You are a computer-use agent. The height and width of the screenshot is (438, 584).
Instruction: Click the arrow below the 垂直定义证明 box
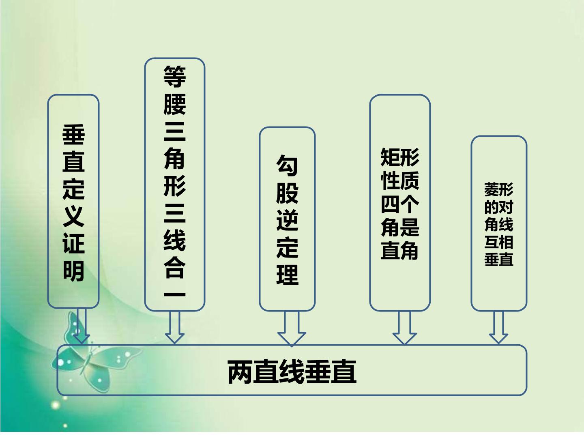[x=82, y=326]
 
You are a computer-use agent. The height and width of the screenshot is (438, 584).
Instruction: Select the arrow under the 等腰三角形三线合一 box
[x=174, y=327]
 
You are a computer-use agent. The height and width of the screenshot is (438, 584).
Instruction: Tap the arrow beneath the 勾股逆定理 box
[x=291, y=328]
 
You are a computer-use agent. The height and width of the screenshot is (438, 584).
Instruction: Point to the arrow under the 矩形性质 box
[x=404, y=328]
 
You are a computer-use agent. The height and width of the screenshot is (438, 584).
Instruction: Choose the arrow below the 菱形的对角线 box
[x=498, y=327]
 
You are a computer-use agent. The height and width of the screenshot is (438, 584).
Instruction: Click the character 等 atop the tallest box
[x=175, y=76]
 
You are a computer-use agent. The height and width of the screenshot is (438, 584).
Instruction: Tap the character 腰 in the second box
[x=175, y=104]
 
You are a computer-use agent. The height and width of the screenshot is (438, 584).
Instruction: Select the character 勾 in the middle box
[x=288, y=165]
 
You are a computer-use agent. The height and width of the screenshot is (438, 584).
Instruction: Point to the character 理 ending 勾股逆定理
[x=288, y=275]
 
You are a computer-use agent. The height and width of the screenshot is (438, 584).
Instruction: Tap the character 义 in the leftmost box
[x=74, y=217]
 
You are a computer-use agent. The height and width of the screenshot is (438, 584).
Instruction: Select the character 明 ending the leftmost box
[x=74, y=271]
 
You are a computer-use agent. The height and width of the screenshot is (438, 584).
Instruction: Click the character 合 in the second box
[x=175, y=267]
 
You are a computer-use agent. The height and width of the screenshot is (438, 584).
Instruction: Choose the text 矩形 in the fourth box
[x=399, y=157]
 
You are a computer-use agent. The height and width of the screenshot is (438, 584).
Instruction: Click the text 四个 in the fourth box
[x=399, y=204]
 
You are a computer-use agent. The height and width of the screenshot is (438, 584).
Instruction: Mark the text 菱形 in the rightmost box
[x=498, y=189]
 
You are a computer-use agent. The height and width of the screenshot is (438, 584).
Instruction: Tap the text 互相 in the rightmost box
[x=498, y=242]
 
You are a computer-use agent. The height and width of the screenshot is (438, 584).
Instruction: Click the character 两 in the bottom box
[x=240, y=371]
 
